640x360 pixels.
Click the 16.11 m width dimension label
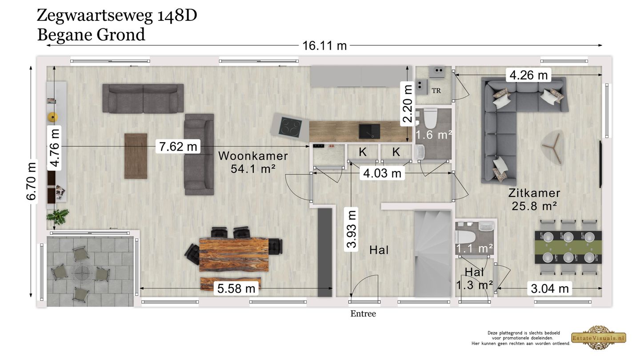324,46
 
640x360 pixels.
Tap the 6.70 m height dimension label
32,181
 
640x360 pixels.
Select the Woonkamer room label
253,156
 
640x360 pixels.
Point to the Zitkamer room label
534,193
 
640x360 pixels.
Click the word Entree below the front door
363,314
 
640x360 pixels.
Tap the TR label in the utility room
436,91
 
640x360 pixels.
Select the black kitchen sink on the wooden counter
369,131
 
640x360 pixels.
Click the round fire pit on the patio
82,272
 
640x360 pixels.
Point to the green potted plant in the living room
58,217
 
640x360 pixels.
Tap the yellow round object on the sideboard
53,117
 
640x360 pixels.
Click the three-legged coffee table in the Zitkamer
553,147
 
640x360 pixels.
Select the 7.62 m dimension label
178,147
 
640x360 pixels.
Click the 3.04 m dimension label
550,288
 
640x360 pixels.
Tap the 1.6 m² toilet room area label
433,135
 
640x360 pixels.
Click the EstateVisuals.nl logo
599,338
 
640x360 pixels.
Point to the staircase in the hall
432,254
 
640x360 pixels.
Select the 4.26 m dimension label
528,75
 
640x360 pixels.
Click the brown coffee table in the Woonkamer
136,156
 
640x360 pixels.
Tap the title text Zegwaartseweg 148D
117,15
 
